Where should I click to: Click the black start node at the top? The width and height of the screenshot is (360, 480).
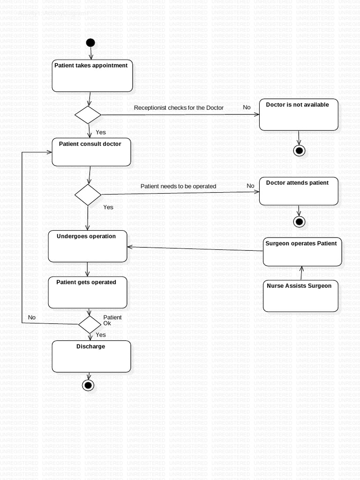(x=90, y=43)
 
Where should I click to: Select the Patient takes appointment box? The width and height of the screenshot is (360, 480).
(x=92, y=75)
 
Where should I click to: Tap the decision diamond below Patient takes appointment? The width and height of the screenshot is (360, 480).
(x=88, y=115)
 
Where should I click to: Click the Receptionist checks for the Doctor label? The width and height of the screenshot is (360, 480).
(x=179, y=108)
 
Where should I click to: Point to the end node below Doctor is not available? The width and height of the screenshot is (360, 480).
(x=299, y=150)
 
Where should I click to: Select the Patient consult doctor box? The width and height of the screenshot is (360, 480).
(x=91, y=152)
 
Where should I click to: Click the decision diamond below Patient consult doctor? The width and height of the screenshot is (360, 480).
(x=88, y=195)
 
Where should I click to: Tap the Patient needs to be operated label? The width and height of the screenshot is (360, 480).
(x=178, y=187)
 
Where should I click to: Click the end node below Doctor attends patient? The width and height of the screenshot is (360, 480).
(x=299, y=222)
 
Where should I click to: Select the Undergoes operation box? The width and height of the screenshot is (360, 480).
(x=88, y=246)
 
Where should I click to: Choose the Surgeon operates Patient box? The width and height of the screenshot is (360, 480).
(x=302, y=252)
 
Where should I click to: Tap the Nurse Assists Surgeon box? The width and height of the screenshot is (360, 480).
(x=300, y=296)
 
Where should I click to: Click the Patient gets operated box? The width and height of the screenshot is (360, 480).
(x=88, y=292)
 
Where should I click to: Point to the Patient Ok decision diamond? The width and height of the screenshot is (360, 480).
(x=90, y=324)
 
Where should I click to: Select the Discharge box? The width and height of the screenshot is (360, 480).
(x=91, y=356)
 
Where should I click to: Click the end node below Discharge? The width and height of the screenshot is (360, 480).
(x=88, y=385)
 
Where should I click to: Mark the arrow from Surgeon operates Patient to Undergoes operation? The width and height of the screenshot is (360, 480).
(x=195, y=248)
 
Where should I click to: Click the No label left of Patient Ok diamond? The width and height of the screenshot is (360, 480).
(x=32, y=318)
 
